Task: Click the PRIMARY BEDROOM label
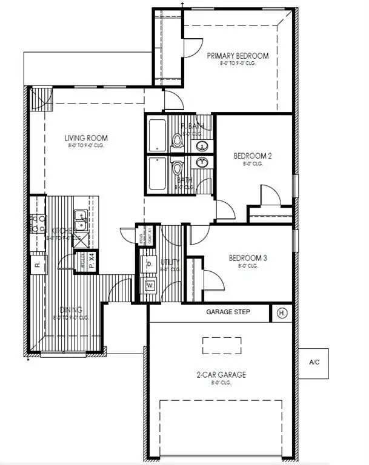pyautogui.click(x=238, y=56)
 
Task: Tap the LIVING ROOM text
pyautogui.click(x=85, y=139)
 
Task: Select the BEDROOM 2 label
pyautogui.click(x=253, y=156)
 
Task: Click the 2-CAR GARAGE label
pyautogui.click(x=221, y=375)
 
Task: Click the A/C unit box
pyautogui.click(x=314, y=363)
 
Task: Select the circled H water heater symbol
pyautogui.click(x=282, y=313)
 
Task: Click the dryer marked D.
pyautogui.click(x=149, y=265)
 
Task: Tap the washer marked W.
pyautogui.click(x=150, y=285)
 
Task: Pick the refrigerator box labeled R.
pyautogui.click(x=37, y=264)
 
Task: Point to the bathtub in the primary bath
pyautogui.click(x=157, y=135)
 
